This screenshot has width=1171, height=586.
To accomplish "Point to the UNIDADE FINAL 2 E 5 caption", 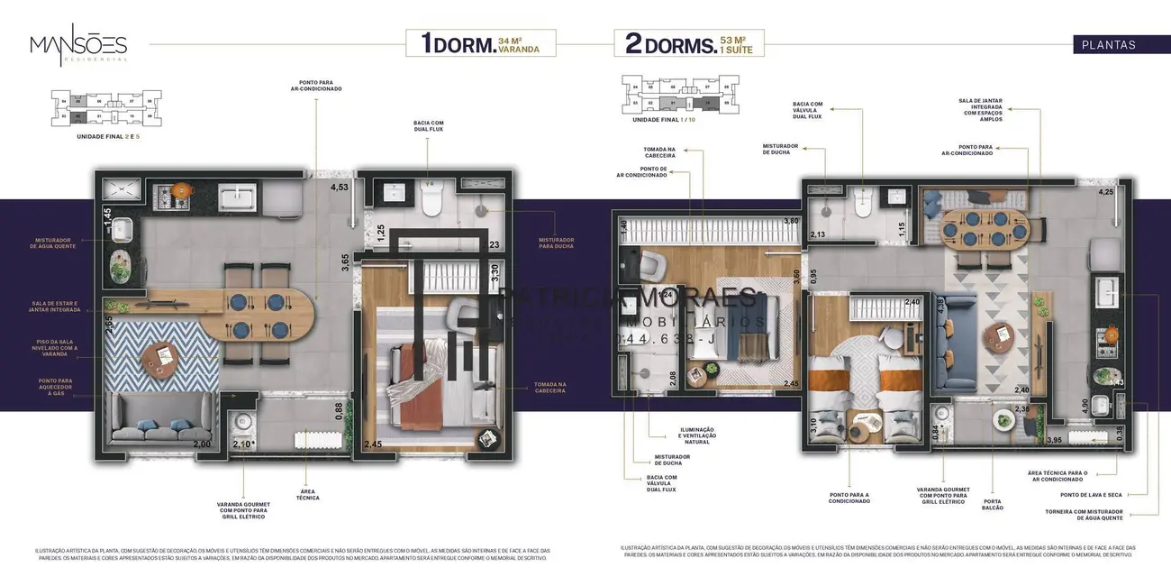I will (107, 134).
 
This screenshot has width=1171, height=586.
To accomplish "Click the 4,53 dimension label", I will (339, 188).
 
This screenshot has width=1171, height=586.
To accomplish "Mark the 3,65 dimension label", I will (345, 262).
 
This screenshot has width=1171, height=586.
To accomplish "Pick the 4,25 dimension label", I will (1106, 192).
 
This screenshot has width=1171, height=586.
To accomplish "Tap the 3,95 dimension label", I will (1054, 440).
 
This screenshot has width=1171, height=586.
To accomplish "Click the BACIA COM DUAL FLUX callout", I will (428, 124).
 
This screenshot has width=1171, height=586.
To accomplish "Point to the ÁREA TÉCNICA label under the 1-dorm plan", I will (307, 495).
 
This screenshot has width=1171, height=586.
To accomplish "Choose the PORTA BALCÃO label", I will (992, 504).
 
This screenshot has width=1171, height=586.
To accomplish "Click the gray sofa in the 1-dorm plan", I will (159, 415).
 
